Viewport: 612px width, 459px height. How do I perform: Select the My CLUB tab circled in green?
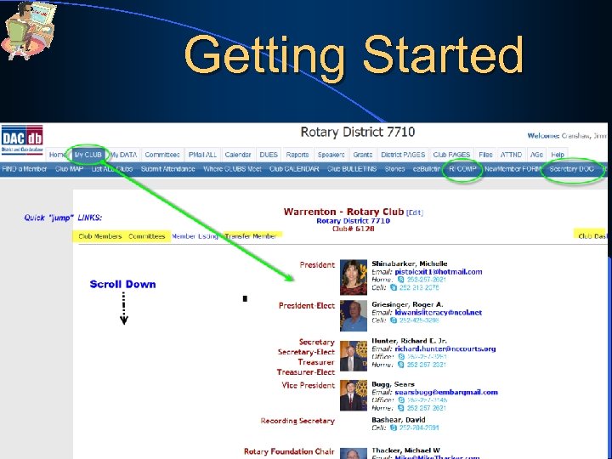[x=88, y=155]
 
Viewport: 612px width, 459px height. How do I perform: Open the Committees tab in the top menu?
[x=161, y=155]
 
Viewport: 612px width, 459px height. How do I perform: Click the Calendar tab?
[x=238, y=155]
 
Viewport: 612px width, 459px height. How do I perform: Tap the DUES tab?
[x=269, y=155]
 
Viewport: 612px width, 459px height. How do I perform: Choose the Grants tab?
[x=362, y=155]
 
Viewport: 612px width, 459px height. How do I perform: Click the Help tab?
[x=558, y=155]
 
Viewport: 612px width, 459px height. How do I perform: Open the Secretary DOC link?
[x=572, y=168]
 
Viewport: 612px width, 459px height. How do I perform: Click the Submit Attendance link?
[x=168, y=168]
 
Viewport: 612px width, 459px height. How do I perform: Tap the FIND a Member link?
[x=25, y=168]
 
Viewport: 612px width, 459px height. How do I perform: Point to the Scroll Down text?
[x=122, y=284]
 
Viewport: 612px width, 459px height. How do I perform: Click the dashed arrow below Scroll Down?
[x=124, y=308]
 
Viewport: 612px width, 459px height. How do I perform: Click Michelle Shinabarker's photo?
[x=353, y=275]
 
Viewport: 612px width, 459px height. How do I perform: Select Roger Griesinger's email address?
[x=438, y=313]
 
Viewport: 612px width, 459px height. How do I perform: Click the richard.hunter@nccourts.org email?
[x=445, y=348]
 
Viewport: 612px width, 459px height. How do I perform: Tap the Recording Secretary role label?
[x=297, y=421]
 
